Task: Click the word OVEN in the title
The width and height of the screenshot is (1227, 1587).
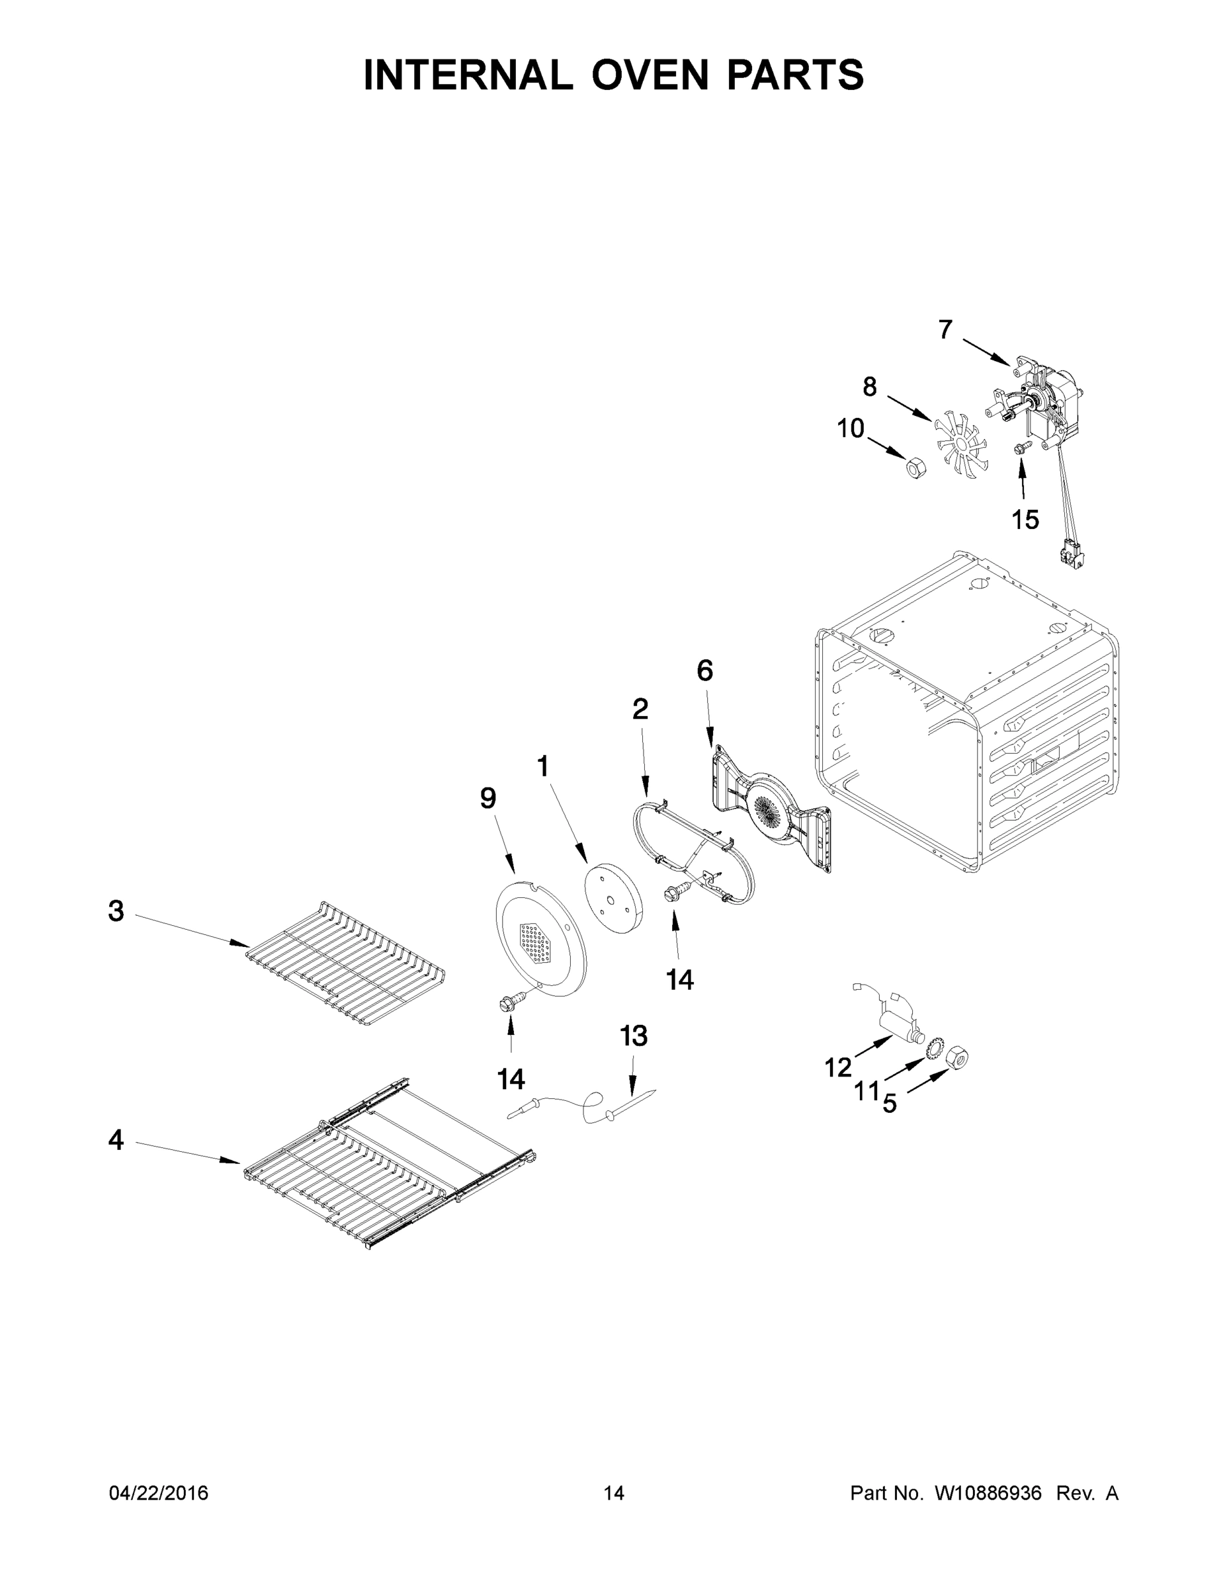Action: point(649,75)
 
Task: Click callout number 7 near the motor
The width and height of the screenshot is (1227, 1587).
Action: point(945,330)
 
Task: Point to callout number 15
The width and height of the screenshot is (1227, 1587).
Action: point(1025,520)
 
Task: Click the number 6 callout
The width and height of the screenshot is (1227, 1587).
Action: point(704,671)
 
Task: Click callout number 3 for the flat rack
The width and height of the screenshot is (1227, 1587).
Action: point(116,911)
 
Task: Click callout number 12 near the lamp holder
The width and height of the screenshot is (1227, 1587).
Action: point(837,1067)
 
